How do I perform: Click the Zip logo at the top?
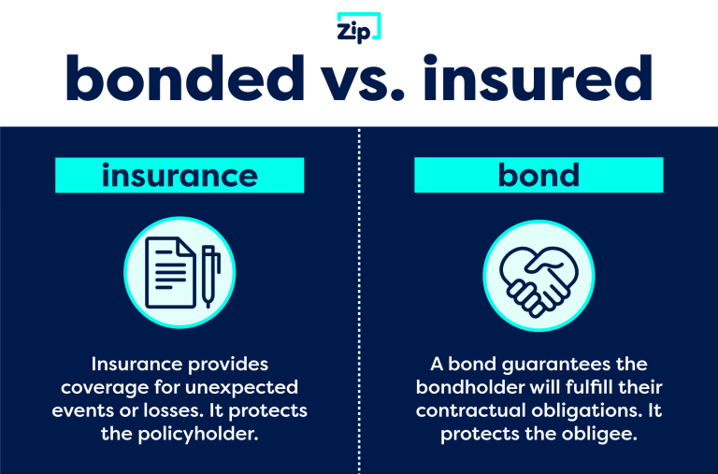[358, 29]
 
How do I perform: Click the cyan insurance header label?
[179, 175]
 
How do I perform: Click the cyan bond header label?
[538, 175]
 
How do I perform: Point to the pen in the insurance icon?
[208, 275]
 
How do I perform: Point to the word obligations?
[579, 410]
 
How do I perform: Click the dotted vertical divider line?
[359, 299]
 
